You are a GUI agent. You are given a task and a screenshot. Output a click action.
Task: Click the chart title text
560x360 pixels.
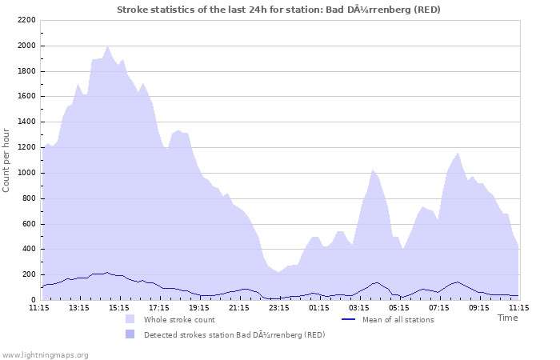click(278, 10)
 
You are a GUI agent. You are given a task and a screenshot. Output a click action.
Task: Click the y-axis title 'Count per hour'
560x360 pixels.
click(7, 160)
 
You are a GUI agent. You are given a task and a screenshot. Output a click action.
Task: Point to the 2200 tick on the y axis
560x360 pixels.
click(26, 20)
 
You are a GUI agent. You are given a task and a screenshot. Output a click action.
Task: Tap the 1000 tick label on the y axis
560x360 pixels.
click(26, 173)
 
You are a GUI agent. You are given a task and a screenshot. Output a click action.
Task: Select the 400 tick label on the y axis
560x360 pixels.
click(29, 249)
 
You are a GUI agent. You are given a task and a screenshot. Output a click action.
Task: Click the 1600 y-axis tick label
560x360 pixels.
click(26, 96)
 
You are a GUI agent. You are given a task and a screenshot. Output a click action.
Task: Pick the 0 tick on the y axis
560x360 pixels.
click(34, 300)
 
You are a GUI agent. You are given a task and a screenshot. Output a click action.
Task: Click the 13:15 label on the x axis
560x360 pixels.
click(79, 307)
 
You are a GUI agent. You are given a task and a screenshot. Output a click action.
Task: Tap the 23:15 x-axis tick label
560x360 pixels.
click(279, 307)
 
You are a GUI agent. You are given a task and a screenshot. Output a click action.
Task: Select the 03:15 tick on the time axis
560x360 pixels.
click(359, 307)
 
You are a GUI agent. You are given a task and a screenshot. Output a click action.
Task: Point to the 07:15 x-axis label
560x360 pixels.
click(439, 307)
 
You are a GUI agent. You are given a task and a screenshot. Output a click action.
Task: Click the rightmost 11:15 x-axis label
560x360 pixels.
click(518, 307)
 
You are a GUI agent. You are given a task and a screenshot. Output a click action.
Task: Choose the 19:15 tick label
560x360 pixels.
click(199, 307)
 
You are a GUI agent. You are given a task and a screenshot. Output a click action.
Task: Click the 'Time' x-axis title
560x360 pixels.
click(507, 318)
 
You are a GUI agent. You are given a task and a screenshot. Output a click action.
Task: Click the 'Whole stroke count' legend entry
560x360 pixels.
click(179, 320)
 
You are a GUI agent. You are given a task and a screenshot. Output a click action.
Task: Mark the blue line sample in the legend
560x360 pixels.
click(348, 320)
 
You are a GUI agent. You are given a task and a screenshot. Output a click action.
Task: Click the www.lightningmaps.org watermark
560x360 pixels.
click(45, 354)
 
